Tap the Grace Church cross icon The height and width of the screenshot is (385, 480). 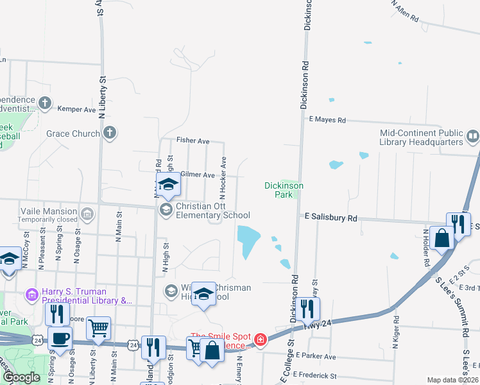pos(110,133)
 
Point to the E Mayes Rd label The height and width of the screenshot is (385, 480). pos(327,120)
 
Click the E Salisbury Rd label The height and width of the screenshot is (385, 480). pos(330,218)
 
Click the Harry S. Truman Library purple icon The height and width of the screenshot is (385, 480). pos(31,295)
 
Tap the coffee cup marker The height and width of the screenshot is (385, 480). pos(60,338)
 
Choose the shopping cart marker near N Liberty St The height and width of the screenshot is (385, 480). pos(98,328)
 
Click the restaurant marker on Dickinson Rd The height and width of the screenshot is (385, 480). pos(308,309)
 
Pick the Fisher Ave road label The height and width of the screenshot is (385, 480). pos(194,141)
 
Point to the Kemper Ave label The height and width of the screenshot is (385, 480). pos(76,109)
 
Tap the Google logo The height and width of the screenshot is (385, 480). pos(21,377)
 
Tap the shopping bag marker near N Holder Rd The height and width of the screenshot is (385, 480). pos(443,239)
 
